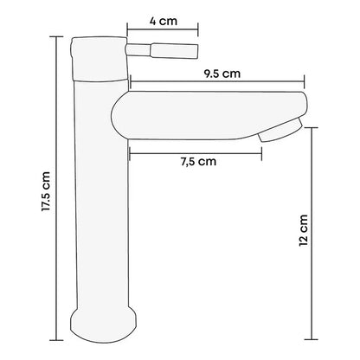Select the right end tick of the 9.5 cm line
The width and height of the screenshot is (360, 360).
305,82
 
